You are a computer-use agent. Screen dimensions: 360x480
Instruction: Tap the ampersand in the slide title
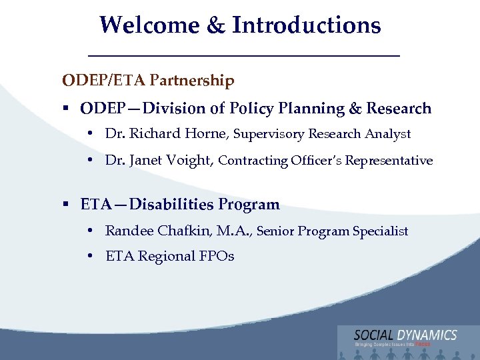[217, 25]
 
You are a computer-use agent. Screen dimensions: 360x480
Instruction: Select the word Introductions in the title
[306, 25]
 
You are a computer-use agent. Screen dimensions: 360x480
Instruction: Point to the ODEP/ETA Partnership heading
[148, 81]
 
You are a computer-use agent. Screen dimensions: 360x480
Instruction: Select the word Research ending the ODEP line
[399, 108]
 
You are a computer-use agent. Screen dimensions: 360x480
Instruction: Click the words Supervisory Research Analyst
[321, 134]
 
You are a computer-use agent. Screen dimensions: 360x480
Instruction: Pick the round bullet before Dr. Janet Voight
[89, 161]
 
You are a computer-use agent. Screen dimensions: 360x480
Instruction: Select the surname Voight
[190, 160]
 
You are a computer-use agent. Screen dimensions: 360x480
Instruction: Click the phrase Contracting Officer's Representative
[325, 161]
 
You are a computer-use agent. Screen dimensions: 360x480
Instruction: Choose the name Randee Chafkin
[157, 231]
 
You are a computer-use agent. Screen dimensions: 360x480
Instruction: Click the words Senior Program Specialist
[332, 231]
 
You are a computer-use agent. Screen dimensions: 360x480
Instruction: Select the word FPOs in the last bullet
[216, 256]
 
